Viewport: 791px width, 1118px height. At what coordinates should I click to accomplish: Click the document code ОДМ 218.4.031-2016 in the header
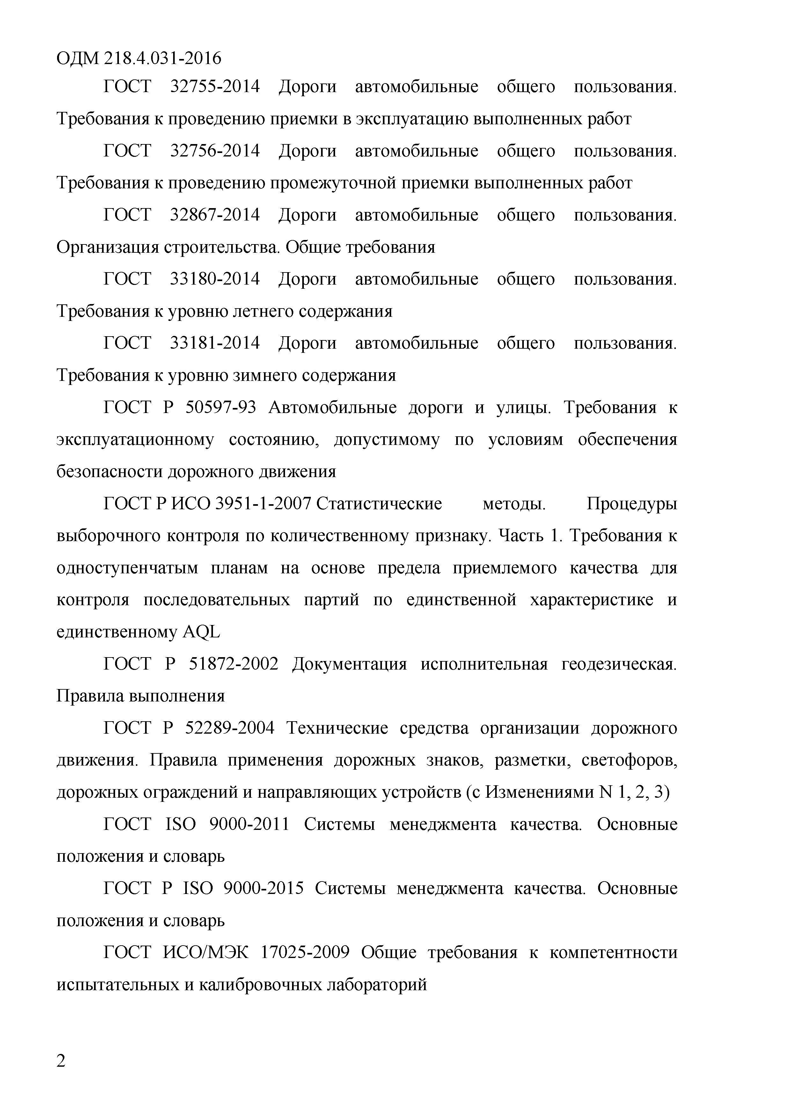pos(139,58)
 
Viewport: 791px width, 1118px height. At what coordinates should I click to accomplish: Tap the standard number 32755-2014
pos(215,87)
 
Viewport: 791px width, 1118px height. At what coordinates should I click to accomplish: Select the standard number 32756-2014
pos(215,151)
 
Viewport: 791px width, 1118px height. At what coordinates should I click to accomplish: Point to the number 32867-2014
pos(215,215)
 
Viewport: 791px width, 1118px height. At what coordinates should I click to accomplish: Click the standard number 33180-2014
pos(215,279)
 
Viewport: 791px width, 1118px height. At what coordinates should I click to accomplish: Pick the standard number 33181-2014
pos(215,343)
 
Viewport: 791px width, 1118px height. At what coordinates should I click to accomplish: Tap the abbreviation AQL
pos(201,632)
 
